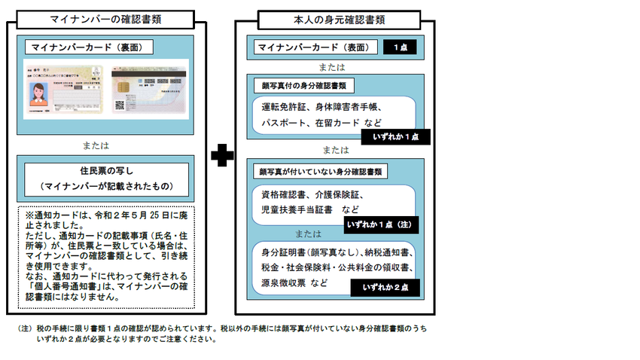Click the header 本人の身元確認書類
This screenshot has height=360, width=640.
click(x=334, y=17)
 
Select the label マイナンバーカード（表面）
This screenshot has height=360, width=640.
click(x=317, y=47)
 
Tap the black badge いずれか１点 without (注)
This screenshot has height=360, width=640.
click(x=395, y=137)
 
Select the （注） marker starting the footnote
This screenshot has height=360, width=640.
click(x=25, y=328)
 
